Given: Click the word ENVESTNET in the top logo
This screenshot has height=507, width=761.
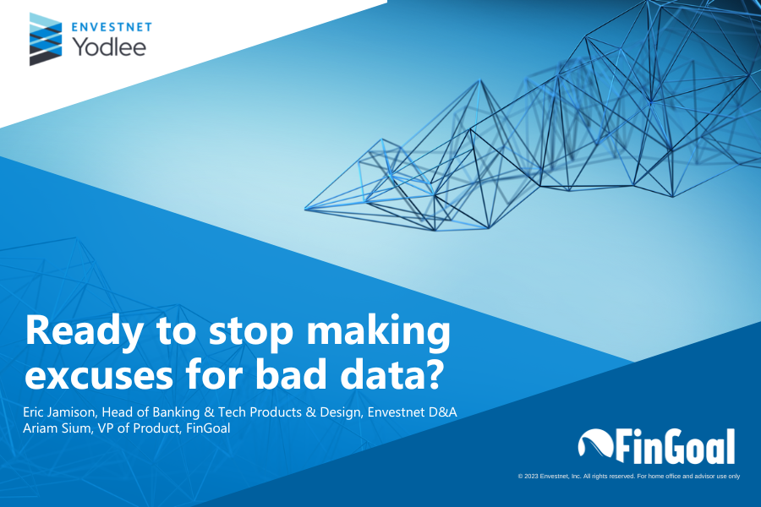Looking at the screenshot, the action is [112, 27].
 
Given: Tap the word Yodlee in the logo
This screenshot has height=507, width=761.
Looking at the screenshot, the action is [109, 47].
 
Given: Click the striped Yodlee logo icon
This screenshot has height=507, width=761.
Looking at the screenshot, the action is [46, 39].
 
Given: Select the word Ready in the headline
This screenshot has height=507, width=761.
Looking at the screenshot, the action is [85, 332].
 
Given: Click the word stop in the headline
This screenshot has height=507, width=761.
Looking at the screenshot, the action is [251, 332].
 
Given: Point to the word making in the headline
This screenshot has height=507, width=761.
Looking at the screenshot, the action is [379, 332].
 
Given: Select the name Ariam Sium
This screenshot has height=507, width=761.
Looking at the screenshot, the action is [57, 428].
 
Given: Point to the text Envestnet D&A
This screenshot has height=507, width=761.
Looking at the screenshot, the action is [412, 412].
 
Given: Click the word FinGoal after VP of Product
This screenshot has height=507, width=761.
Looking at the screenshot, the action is [208, 428].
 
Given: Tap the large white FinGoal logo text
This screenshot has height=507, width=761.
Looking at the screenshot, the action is [676, 446].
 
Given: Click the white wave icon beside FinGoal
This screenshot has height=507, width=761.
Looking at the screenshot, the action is [596, 443].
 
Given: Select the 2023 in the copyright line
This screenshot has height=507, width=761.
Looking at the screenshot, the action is [532, 477].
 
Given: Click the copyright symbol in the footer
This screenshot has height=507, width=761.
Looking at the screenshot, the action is [520, 477].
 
